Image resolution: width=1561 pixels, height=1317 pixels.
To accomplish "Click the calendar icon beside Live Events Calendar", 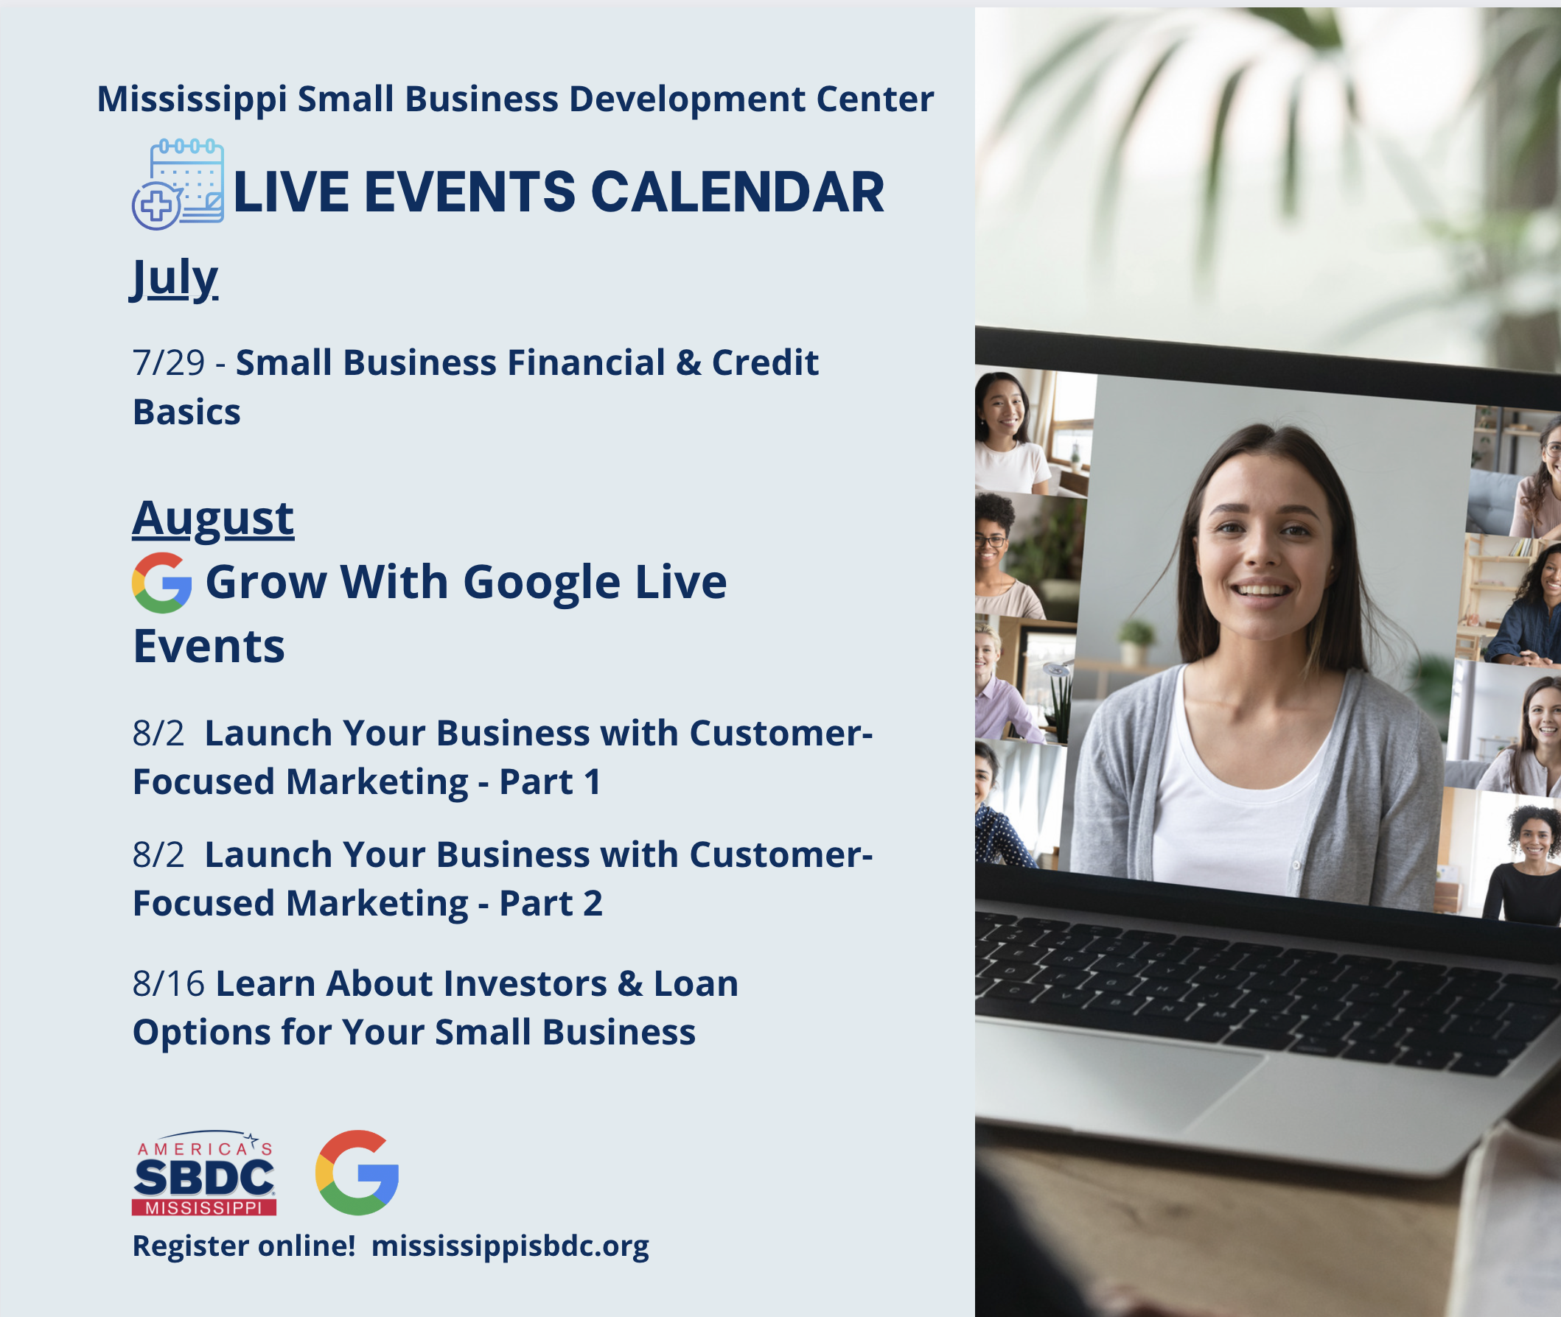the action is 178,183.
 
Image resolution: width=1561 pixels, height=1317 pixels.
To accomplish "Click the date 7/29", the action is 169,363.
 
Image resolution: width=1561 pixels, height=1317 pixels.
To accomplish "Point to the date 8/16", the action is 169,983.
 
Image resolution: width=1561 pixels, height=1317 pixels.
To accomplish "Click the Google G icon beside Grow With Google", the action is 161,583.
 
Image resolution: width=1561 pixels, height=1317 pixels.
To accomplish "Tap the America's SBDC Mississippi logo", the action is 204,1172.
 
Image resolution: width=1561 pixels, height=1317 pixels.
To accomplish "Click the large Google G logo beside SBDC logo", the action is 357,1172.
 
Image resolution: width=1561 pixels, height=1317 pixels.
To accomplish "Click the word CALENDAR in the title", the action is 737,192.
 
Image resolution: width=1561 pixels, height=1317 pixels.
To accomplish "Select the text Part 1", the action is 550,782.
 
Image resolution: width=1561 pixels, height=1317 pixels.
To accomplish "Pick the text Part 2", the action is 551,903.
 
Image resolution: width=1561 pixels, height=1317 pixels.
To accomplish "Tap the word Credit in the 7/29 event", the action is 765,363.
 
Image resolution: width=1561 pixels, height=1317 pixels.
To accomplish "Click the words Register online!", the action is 243,1246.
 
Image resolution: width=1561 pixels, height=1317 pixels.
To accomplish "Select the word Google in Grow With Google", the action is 542,583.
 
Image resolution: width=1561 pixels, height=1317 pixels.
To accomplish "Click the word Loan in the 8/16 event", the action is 696,983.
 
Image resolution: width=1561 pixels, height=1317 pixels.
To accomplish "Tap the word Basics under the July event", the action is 186,412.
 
